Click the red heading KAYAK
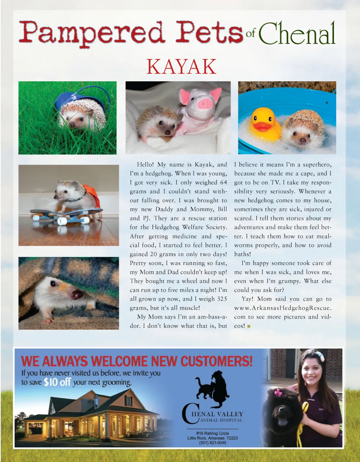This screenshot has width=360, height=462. point(181,67)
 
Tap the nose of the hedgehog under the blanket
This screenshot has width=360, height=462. point(77,294)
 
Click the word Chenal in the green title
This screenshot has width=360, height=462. point(297,34)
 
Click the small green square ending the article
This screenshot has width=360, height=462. point(249,326)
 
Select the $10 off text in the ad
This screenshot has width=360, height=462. point(57,382)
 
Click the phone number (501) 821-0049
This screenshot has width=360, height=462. point(212,443)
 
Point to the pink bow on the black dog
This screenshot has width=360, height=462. point(279,392)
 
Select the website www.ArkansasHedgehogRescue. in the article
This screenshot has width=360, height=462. point(283,308)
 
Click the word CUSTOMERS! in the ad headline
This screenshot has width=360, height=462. point(217,361)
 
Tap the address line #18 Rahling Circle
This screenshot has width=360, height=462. point(212,433)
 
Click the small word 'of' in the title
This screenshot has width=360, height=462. point(250,34)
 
